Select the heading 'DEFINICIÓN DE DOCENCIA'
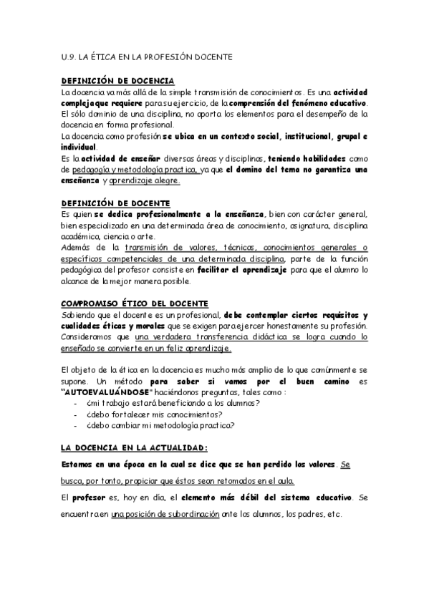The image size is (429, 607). [118, 82]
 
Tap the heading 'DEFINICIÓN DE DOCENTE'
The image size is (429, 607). [115, 204]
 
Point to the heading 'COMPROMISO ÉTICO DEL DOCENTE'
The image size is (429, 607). [135, 304]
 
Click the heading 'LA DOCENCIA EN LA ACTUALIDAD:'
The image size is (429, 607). [134, 447]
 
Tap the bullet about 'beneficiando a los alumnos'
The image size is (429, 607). [161, 404]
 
